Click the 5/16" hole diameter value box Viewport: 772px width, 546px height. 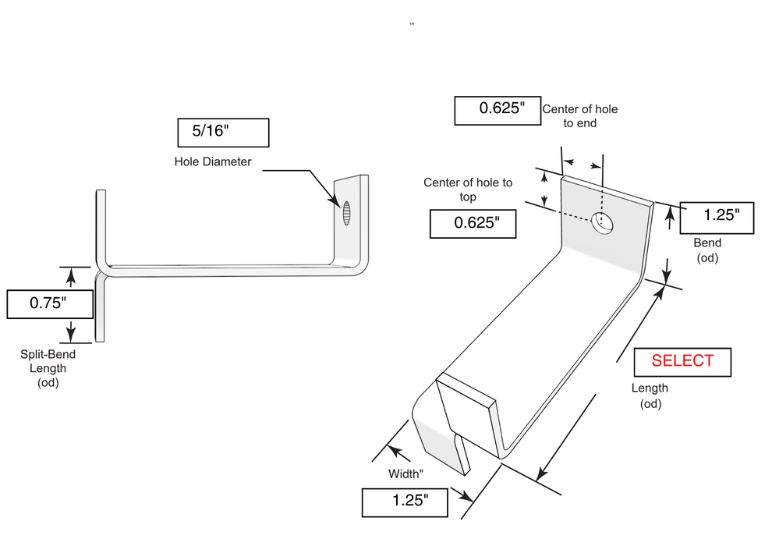click(x=223, y=133)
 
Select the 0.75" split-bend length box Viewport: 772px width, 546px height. click(x=50, y=304)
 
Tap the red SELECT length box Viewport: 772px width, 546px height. click(x=682, y=363)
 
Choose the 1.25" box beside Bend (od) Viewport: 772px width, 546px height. click(x=717, y=218)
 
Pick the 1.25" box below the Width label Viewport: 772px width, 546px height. click(x=405, y=502)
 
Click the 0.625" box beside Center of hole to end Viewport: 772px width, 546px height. click(x=498, y=111)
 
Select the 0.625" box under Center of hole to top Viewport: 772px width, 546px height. click(x=473, y=224)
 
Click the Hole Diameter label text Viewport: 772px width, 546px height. click(x=213, y=161)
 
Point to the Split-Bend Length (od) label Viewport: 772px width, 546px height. click(x=48, y=368)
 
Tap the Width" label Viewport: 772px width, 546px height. click(x=405, y=473)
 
